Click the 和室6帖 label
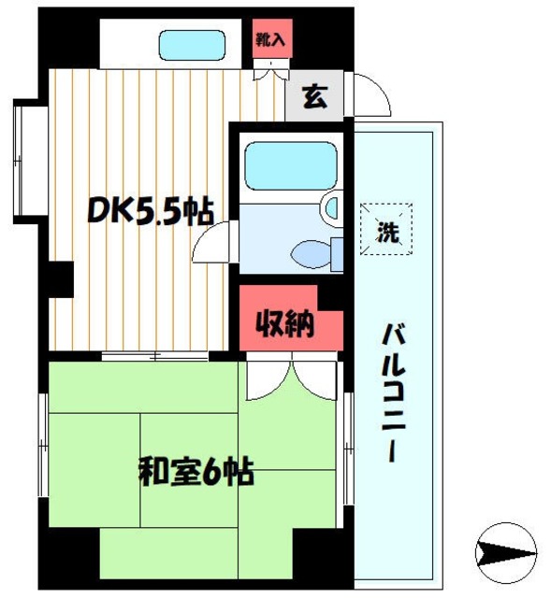[197, 470]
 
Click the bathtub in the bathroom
[288, 167]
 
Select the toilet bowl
[309, 251]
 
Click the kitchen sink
[192, 44]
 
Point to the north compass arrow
[506, 551]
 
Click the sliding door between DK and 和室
[154, 355]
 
